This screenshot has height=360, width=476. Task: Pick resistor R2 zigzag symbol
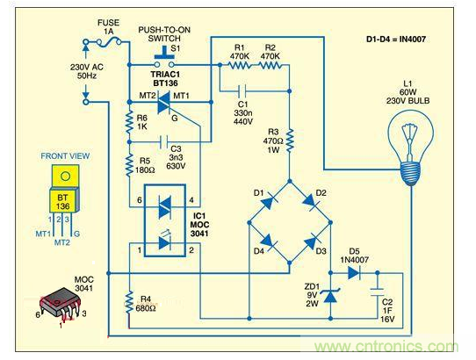pyautogui.click(x=270, y=65)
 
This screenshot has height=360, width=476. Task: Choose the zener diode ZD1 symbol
pyautogui.click(x=331, y=299)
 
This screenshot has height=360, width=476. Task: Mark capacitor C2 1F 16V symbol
pyautogui.click(x=377, y=294)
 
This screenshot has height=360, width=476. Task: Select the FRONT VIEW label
pyautogui.click(x=64, y=155)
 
